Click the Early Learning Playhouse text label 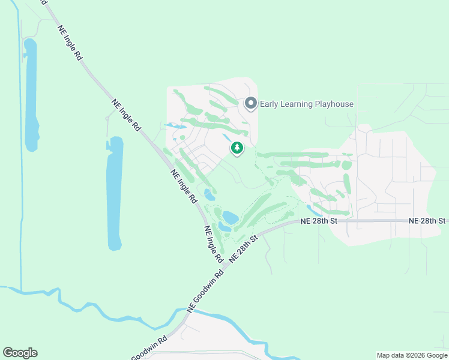(307, 104)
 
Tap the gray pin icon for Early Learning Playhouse (251, 104)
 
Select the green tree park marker (237, 148)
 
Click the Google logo (20, 353)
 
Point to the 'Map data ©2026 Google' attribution (412, 355)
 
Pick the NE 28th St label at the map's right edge (427, 221)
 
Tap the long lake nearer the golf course (115, 192)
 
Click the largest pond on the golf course (230, 217)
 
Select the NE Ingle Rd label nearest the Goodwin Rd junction (214, 244)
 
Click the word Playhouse (333, 104)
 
